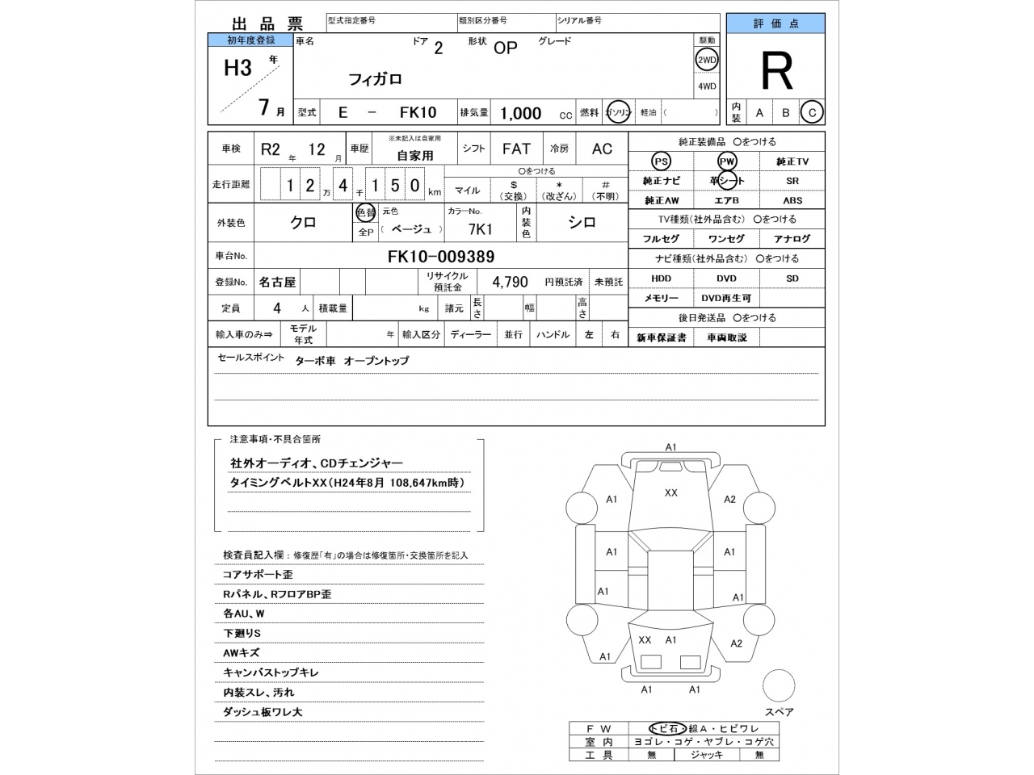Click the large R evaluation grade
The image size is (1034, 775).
(776, 73)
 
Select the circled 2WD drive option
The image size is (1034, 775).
(707, 60)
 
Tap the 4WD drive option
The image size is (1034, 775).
(707, 86)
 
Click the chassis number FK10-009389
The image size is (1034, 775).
(441, 257)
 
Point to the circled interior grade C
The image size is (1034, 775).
(812, 113)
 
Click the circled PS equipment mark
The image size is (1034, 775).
(661, 161)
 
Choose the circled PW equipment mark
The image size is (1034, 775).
(727, 161)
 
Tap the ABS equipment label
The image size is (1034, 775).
(792, 200)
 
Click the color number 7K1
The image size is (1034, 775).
(480, 229)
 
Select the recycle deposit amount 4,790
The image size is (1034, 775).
(510, 282)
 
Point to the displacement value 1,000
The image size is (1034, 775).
(520, 114)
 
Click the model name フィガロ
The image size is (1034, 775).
(374, 79)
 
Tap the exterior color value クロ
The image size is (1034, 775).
(303, 223)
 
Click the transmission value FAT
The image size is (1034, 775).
(516, 149)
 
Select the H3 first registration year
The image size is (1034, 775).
(237, 68)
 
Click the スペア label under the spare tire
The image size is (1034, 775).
(779, 712)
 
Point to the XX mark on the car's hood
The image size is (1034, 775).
(670, 492)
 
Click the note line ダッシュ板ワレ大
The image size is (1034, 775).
(263, 712)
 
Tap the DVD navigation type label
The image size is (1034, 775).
(726, 279)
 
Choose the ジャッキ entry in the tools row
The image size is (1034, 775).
(706, 755)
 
